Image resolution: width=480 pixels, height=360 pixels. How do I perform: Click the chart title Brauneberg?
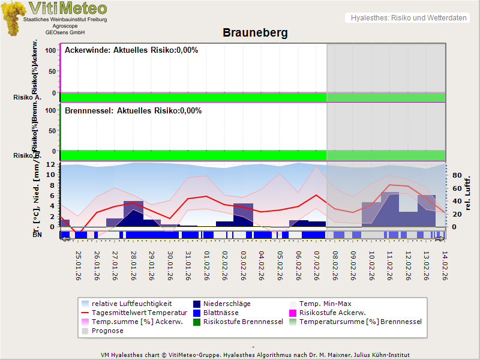pos(255,32)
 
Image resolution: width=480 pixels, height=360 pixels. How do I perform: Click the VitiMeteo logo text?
pos(68,8)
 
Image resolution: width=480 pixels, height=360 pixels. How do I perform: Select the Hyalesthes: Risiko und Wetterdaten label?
pos(408,18)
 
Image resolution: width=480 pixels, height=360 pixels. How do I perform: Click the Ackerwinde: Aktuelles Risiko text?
pos(131,50)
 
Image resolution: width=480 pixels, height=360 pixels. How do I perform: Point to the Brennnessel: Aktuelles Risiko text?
pos(133,111)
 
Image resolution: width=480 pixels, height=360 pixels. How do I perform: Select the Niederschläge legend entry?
pos(227,304)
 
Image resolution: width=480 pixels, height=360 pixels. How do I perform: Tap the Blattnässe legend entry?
pos(221,313)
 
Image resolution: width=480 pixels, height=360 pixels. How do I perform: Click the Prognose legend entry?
pos(107,331)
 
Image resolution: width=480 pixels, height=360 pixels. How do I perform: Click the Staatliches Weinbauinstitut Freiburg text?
pos(65,20)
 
